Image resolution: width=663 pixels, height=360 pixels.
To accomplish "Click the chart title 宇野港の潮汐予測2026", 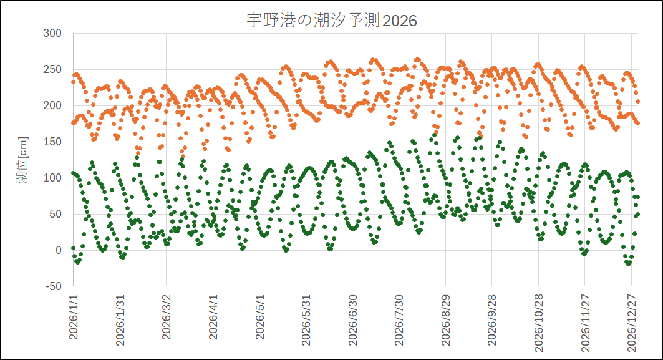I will [x=331, y=21].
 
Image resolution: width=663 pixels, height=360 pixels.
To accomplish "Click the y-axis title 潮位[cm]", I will [x=21, y=160].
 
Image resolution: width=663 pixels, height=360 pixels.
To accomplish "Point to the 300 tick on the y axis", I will [x=53, y=33].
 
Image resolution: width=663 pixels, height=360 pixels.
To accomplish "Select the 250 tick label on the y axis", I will [x=53, y=69].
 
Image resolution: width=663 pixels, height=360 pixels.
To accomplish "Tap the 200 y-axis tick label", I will [x=53, y=105].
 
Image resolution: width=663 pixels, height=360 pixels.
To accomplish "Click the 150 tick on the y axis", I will [x=53, y=142].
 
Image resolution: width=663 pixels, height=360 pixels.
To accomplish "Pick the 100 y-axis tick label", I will [x=53, y=178].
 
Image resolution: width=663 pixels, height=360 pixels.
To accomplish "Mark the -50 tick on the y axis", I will [x=54, y=286].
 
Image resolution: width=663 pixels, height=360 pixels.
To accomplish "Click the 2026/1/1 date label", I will [x=74, y=318].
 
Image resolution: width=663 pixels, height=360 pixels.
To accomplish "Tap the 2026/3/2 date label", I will [x=167, y=318].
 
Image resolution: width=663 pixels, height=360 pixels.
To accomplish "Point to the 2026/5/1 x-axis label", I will [x=259, y=318].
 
